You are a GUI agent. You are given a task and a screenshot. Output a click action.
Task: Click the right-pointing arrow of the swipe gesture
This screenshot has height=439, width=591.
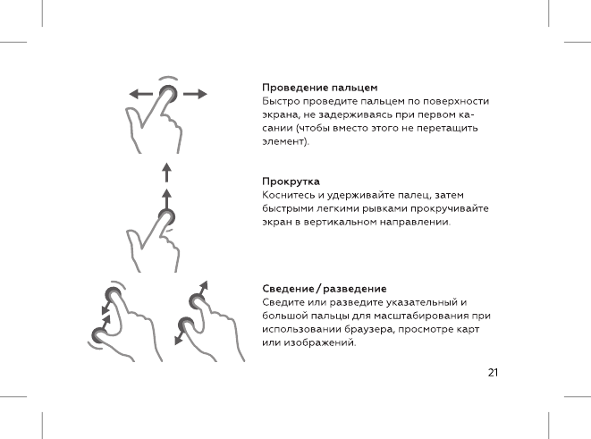coord(197,93)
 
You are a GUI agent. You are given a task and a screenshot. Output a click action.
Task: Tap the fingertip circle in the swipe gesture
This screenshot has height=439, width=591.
coord(167,93)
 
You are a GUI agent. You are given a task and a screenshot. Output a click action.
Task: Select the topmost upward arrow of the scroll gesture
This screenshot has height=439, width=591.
coord(166,171)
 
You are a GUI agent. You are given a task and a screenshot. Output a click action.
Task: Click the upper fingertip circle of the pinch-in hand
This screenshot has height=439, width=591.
coord(113,296)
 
